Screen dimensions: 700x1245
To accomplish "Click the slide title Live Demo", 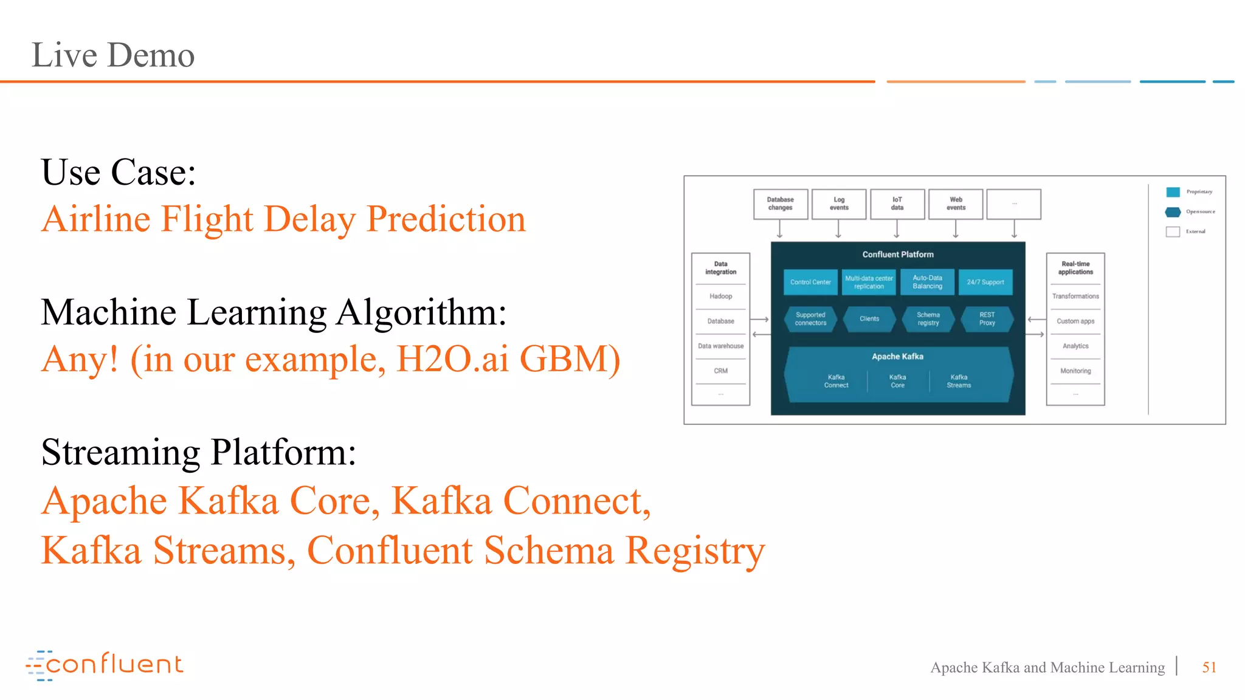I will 113,55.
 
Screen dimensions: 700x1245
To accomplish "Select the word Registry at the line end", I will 695,551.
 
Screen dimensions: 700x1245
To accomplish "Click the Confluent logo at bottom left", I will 105,665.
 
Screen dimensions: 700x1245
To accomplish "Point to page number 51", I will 1209,667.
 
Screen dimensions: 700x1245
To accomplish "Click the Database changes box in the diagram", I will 780,204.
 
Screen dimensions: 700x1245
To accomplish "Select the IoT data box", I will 897,204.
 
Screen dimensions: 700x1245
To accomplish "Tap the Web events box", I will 956,204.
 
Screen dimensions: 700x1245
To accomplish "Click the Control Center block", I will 810,283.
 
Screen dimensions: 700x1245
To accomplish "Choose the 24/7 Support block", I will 985,283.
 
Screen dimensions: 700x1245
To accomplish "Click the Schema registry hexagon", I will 928,319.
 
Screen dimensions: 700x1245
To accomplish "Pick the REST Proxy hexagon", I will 987,319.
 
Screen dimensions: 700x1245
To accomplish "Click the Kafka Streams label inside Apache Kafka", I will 959,381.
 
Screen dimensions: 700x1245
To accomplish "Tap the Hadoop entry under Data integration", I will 720,297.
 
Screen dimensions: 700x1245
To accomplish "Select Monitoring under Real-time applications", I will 1075,371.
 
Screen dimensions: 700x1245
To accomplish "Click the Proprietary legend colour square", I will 1173,192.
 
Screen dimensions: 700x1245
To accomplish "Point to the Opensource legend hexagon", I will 1173,212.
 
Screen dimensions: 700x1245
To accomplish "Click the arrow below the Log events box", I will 838,229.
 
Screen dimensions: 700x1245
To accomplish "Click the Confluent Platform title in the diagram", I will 897,255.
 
